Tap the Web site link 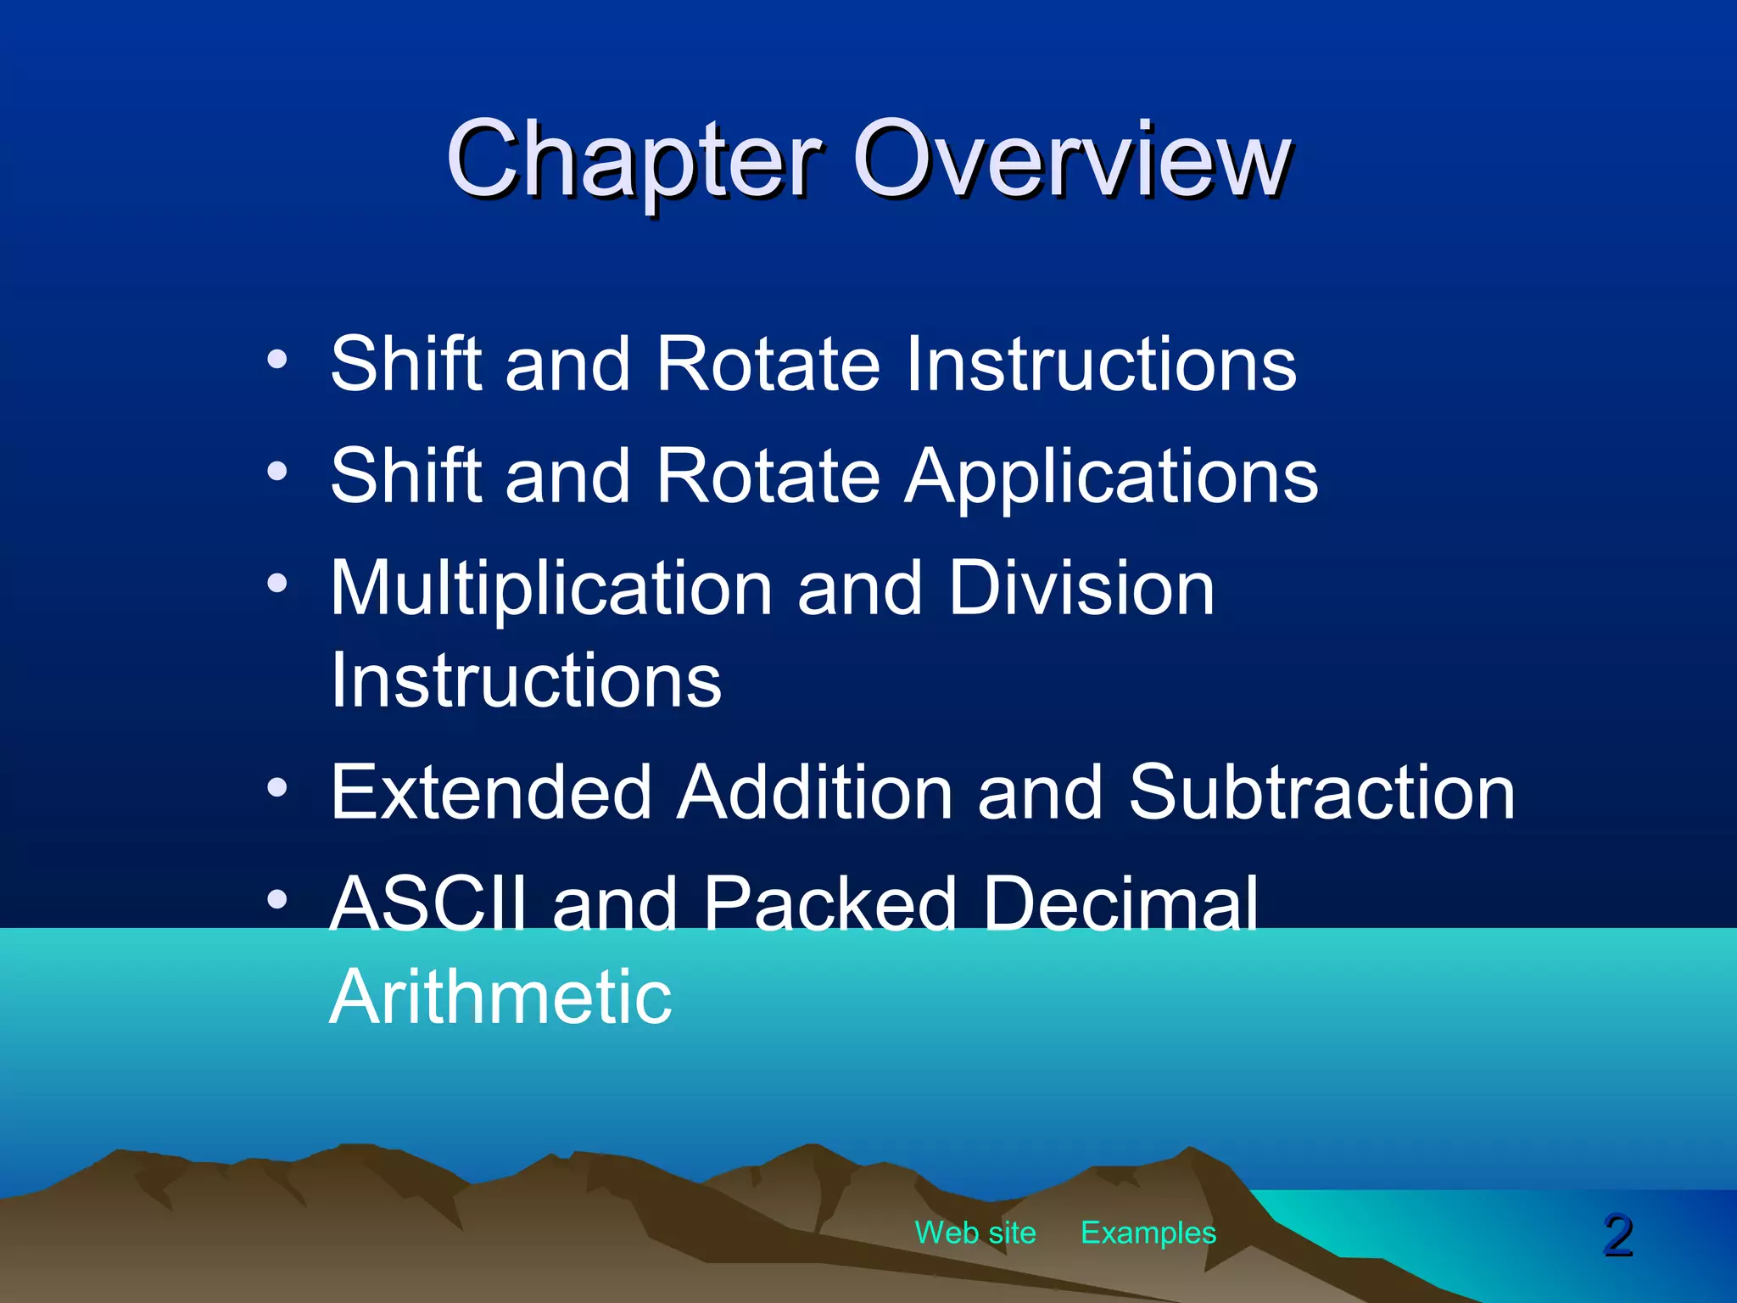tap(975, 1233)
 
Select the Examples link tap(1148, 1233)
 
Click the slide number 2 tap(1618, 1236)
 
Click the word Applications tap(1112, 477)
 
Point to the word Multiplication tap(551, 589)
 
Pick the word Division tap(1081, 589)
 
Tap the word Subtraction tap(1321, 792)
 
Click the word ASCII tap(428, 904)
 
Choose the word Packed tap(830, 904)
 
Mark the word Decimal tap(1120, 904)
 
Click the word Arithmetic tap(500, 998)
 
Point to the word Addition tap(814, 792)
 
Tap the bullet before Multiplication tap(277, 584)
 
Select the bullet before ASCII tap(277, 899)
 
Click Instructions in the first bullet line tap(1100, 365)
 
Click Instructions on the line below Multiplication tap(526, 681)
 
